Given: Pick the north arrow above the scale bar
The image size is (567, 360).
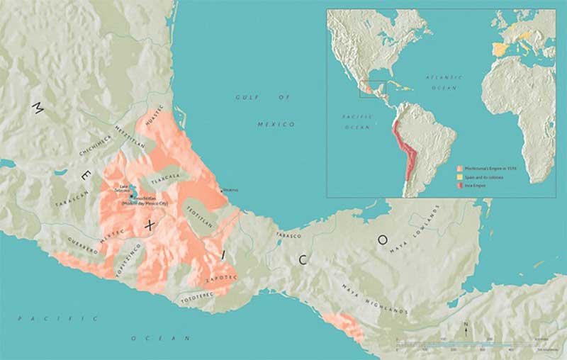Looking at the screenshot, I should click(x=465, y=328).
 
